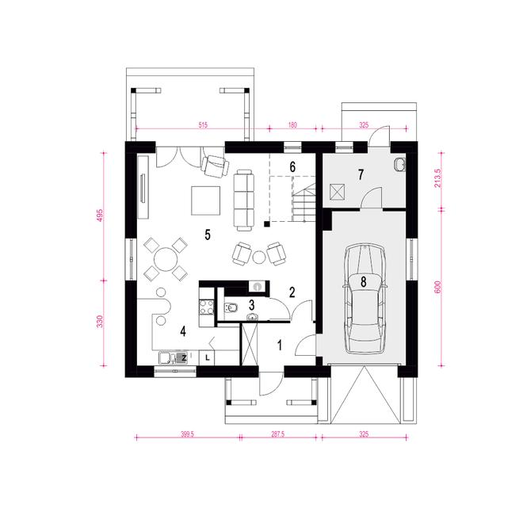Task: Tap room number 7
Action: click(x=361, y=174)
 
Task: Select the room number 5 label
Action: click(x=208, y=234)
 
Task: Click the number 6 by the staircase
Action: click(x=292, y=166)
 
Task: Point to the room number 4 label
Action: click(x=183, y=330)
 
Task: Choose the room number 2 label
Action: click(x=292, y=292)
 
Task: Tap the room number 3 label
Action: click(x=251, y=303)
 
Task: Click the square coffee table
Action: click(x=204, y=200)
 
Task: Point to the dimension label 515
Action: click(x=202, y=125)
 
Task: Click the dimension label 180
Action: click(x=292, y=125)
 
